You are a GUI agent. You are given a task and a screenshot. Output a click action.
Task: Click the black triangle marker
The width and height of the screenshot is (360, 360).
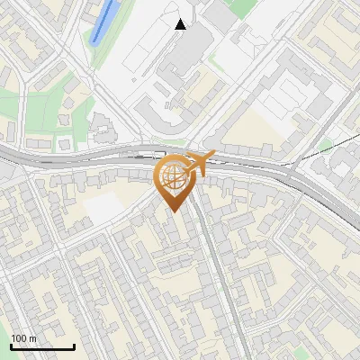click(181, 24)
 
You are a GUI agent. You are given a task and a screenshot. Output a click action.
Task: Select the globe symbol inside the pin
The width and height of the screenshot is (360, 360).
click(175, 177)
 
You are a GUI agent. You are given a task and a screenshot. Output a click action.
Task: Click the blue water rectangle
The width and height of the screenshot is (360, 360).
click(105, 21)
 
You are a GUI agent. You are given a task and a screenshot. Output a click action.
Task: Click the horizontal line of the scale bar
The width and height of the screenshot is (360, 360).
click(42, 347)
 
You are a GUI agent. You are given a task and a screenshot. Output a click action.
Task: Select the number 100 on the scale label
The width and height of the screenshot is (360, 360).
click(19, 338)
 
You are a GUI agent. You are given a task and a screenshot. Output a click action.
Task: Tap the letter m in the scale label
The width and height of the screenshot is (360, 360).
click(32, 339)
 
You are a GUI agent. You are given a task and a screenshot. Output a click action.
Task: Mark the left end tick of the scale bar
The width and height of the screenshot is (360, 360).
click(11, 346)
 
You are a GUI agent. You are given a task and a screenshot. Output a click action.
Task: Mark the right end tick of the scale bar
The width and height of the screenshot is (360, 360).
click(74, 346)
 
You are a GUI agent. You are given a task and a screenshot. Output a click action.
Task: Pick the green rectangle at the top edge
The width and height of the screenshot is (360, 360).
click(242, 7)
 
